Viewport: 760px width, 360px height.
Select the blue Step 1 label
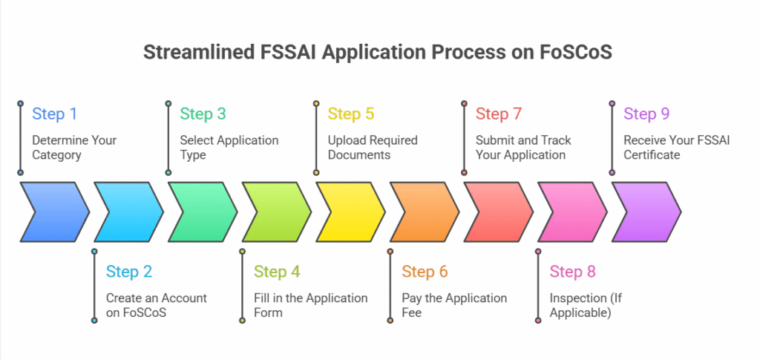(x=54, y=114)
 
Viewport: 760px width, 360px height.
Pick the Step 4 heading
(x=277, y=272)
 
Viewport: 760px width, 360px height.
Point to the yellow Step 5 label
(x=351, y=114)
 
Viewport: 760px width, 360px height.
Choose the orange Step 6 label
(x=425, y=272)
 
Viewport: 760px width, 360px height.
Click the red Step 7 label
(x=498, y=114)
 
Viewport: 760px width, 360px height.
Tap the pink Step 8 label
(x=572, y=272)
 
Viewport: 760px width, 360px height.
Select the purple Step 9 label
(x=646, y=114)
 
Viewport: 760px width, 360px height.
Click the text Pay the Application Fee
(x=454, y=305)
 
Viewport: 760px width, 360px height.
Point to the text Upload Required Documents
(x=373, y=148)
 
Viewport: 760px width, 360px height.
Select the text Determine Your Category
(x=73, y=148)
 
